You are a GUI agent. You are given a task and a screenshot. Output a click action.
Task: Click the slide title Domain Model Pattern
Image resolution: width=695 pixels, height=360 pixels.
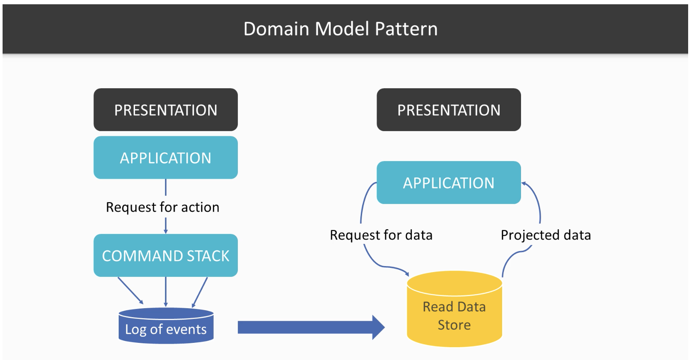pyautogui.click(x=340, y=29)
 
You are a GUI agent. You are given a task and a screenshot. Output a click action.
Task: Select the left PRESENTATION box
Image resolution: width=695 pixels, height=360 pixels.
pyautogui.click(x=166, y=110)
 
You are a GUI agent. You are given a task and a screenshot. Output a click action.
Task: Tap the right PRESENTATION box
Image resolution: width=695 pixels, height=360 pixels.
pyautogui.click(x=449, y=110)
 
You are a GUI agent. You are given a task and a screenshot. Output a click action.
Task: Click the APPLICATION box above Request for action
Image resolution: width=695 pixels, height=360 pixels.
pyautogui.click(x=166, y=157)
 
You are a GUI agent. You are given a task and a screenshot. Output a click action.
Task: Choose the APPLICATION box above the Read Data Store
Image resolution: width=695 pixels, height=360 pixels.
pyautogui.click(x=449, y=183)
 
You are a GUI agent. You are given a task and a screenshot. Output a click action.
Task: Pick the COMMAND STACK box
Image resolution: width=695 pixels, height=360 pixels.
pyautogui.click(x=166, y=255)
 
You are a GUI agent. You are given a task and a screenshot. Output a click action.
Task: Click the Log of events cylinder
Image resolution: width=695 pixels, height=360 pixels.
pyautogui.click(x=166, y=326)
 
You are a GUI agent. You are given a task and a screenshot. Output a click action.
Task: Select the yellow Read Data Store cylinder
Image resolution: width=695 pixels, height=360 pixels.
pyautogui.click(x=455, y=309)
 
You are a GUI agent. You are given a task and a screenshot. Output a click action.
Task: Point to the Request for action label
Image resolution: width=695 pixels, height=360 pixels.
pyautogui.click(x=162, y=207)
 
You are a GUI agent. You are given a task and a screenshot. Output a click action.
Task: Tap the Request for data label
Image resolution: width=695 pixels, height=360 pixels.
pyautogui.click(x=381, y=235)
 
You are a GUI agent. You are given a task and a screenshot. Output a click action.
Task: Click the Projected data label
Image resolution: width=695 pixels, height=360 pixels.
pyautogui.click(x=546, y=235)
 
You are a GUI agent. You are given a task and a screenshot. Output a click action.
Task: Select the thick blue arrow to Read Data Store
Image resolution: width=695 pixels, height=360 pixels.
pyautogui.click(x=311, y=327)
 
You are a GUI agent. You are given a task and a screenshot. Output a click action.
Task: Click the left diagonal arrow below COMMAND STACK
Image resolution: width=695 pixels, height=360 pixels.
pyautogui.click(x=130, y=291)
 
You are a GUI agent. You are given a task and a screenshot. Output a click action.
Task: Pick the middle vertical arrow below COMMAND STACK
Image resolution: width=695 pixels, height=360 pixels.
pyautogui.click(x=166, y=292)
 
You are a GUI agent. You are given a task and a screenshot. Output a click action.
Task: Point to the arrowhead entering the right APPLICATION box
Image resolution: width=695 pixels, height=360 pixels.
pyautogui.click(x=524, y=184)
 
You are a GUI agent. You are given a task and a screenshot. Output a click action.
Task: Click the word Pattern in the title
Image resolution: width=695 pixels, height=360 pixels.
pyautogui.click(x=406, y=29)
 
